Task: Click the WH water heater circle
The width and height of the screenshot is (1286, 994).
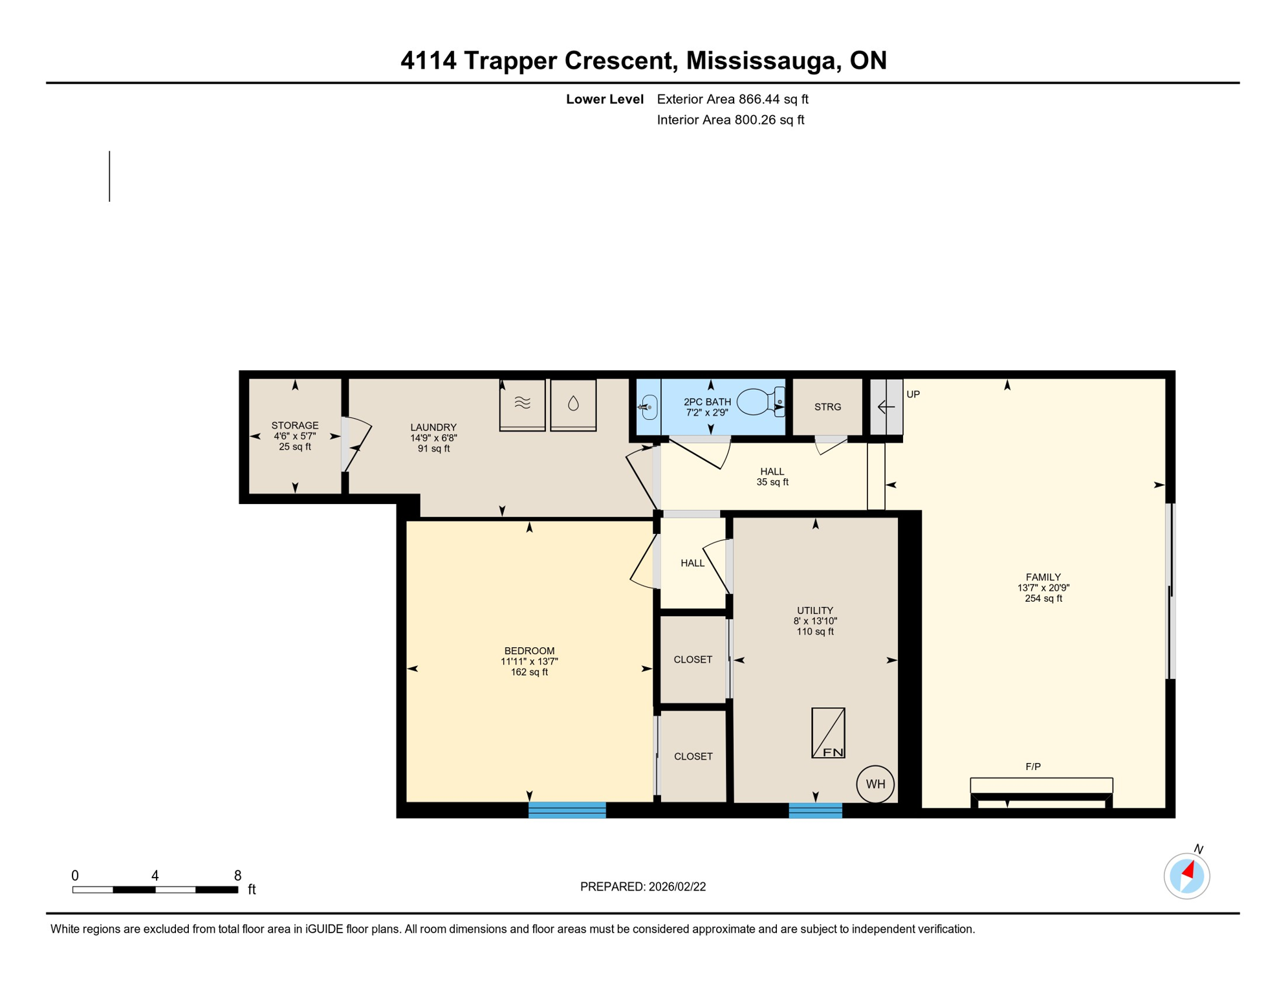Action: click(x=875, y=784)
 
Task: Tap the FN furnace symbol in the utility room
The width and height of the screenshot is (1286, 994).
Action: click(x=828, y=733)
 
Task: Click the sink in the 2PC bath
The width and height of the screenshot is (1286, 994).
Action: click(x=649, y=407)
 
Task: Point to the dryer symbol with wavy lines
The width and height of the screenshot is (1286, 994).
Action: click(x=522, y=404)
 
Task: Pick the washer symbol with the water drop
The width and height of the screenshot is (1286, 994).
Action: click(x=573, y=404)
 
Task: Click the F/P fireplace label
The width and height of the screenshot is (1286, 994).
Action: click(x=1033, y=767)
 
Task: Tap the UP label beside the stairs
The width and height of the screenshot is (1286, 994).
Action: click(x=913, y=394)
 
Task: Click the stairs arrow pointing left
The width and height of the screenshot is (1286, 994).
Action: click(x=886, y=407)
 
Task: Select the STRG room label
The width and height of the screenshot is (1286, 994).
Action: click(x=827, y=407)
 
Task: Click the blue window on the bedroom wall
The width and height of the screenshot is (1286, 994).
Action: click(x=567, y=810)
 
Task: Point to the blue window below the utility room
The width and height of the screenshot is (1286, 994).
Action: click(x=815, y=810)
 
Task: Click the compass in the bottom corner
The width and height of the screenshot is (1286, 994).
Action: click(x=1186, y=876)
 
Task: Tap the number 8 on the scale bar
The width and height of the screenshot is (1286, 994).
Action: click(x=237, y=876)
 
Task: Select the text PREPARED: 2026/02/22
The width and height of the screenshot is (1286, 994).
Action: click(x=642, y=887)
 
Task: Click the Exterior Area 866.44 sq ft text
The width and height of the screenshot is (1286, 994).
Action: click(x=732, y=99)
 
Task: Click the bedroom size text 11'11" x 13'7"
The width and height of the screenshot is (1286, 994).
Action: click(x=529, y=661)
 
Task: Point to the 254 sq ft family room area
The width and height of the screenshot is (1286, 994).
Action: click(x=1043, y=599)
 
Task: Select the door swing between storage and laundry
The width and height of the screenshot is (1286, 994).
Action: click(x=357, y=443)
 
